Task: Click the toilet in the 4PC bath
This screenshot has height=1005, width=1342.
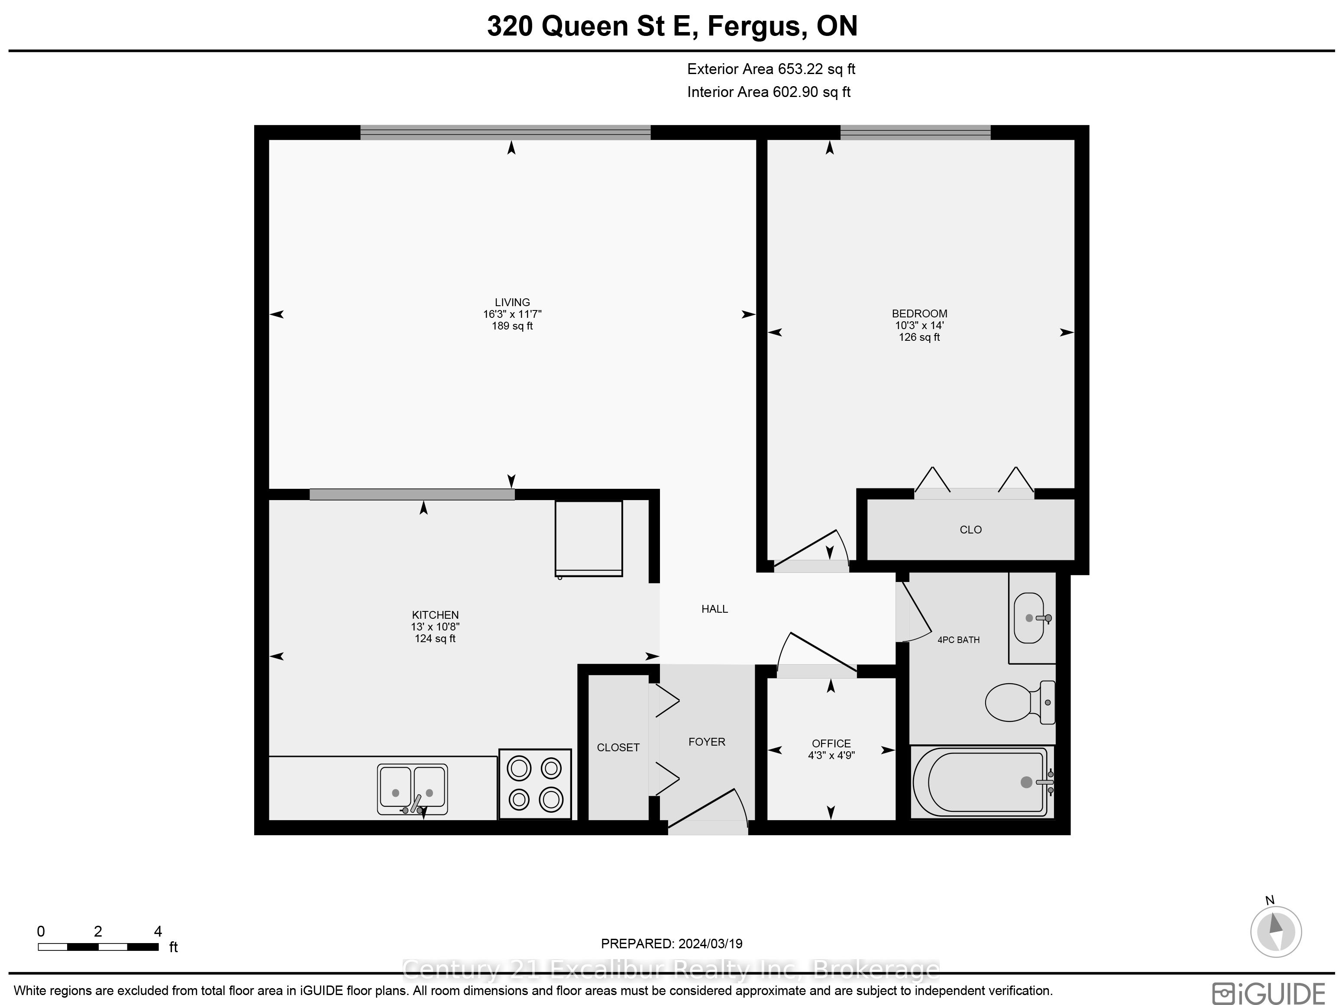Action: tap(1020, 702)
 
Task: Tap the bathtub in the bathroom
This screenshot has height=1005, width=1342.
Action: tap(982, 782)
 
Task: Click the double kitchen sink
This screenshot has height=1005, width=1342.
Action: tap(413, 788)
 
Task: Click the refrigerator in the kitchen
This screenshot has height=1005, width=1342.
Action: tap(589, 538)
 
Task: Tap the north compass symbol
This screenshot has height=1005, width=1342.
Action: tap(1276, 931)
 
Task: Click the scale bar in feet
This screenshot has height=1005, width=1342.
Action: tap(98, 946)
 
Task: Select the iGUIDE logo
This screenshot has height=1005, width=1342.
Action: tap(1268, 993)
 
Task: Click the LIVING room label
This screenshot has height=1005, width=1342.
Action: tap(512, 302)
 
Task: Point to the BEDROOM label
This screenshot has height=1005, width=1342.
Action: tap(919, 313)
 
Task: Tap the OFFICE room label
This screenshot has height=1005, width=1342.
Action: tap(831, 743)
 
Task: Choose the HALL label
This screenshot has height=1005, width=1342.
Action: tap(715, 609)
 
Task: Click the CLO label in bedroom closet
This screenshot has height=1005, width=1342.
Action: tap(971, 530)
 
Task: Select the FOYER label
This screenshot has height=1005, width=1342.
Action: tap(707, 742)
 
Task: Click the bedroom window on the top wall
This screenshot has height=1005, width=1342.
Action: tap(915, 132)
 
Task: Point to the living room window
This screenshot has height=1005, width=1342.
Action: tap(505, 132)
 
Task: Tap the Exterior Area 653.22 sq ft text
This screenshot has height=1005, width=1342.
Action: tap(771, 69)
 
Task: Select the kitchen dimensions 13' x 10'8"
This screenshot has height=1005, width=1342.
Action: tap(435, 627)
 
